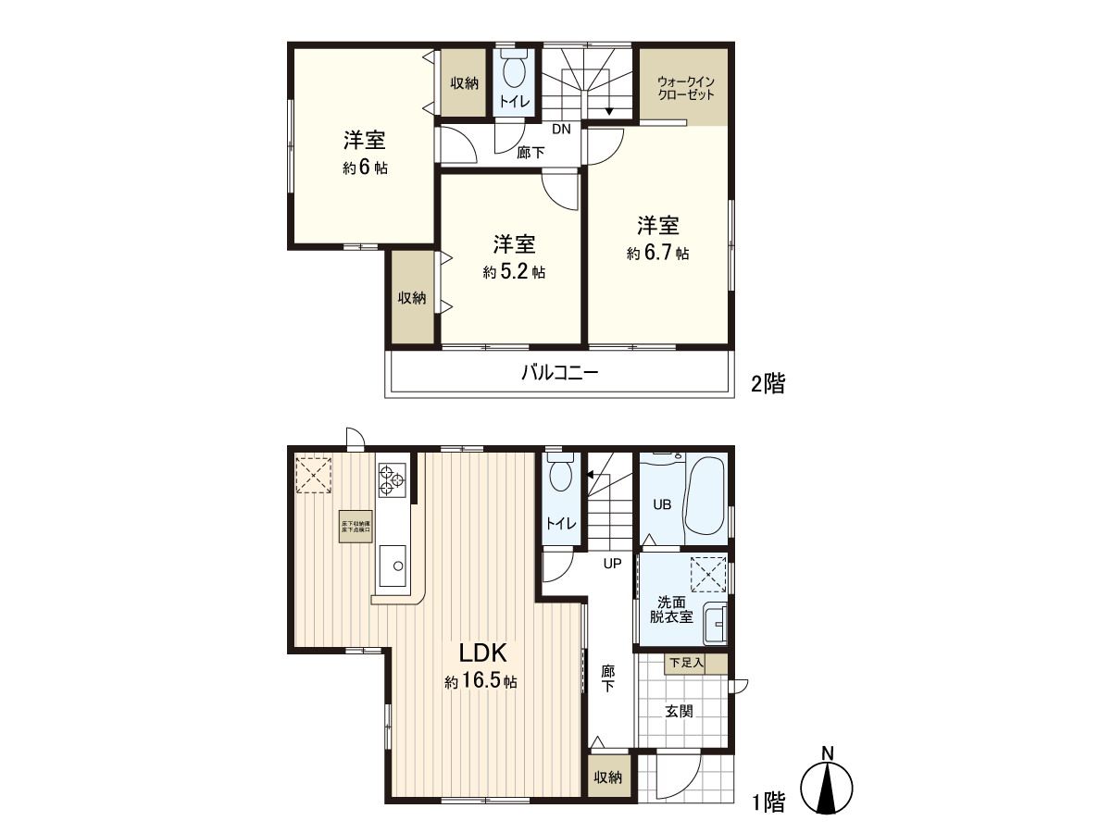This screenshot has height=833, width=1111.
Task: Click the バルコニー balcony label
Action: click(559, 374)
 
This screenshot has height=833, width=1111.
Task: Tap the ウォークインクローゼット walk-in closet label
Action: click(686, 88)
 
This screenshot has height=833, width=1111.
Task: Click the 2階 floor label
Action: click(767, 384)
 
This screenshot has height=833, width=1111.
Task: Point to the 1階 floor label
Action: click(767, 802)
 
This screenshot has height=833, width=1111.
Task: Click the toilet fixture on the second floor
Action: click(513, 68)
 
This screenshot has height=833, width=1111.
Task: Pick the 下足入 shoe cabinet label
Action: click(686, 663)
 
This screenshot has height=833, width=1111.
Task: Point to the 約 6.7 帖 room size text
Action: click(657, 253)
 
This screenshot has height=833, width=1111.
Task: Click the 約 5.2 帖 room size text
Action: click(513, 272)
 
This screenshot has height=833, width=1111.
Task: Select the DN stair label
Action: click(561, 129)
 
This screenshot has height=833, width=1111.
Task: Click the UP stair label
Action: click(612, 563)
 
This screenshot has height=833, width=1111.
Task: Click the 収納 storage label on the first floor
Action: click(607, 777)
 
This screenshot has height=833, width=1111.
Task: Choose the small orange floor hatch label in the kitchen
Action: click(356, 528)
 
